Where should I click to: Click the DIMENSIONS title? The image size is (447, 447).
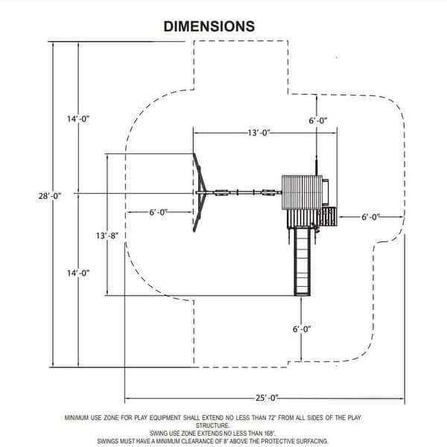[x=209, y=27]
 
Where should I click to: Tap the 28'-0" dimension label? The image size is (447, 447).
[x=50, y=196]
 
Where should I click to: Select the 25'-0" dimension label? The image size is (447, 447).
[x=267, y=398]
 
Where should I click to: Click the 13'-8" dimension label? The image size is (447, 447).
[x=107, y=235]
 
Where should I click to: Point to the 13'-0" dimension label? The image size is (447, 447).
[x=259, y=133]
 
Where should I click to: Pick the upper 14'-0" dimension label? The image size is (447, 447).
[x=78, y=119]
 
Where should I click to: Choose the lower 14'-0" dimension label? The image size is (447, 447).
[x=78, y=273]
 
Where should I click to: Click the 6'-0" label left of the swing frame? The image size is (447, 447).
[x=159, y=212]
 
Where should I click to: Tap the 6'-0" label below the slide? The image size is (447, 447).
[x=302, y=329]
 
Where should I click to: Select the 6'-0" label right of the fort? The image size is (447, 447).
[x=370, y=218]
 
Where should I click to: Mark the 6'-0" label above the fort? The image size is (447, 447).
[x=318, y=121]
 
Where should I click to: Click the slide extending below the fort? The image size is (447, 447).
[x=302, y=261]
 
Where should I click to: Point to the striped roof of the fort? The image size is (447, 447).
[x=302, y=192]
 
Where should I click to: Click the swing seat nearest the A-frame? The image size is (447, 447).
[x=221, y=193]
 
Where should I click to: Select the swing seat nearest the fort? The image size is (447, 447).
[x=268, y=193]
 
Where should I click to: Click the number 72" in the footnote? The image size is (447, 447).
[x=273, y=418]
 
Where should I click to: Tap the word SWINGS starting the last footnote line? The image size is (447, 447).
[x=108, y=441]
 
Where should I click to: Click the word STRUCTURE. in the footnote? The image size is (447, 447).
[x=212, y=425]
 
